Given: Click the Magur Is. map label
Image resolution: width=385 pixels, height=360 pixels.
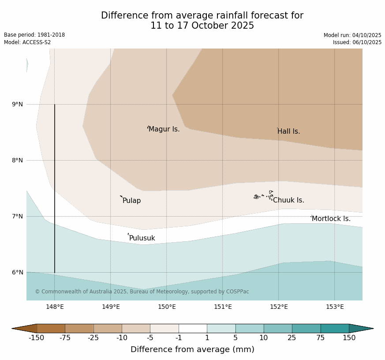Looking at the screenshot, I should tap(164, 129).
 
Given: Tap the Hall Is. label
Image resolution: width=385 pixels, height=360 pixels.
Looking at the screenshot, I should tap(289, 131).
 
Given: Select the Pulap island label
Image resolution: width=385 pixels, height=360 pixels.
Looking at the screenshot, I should tap(131, 201).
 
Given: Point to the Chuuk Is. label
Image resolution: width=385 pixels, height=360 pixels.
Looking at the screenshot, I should tap(288, 200).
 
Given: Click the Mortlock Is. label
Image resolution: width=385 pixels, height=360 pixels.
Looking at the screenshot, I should tap(331, 219).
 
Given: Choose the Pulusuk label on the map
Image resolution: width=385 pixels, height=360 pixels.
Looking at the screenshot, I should tap(142, 238).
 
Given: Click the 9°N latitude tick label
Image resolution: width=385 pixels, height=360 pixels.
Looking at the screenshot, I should tap(18, 105).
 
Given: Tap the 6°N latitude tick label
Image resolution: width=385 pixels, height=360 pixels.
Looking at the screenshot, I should tap(18, 272).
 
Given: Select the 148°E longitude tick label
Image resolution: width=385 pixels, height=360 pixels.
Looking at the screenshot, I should tap(55, 307).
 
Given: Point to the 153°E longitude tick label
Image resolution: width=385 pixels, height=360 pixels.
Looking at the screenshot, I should tap(335, 307).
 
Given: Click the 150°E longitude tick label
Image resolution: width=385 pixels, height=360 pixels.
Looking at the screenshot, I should tap(167, 307).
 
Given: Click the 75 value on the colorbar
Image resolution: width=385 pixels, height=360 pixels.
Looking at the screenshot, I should tap(321, 338).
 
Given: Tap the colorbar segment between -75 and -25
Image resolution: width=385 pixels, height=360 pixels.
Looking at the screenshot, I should tap(79, 328).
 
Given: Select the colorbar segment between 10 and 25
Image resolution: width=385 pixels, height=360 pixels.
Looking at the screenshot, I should tap(278, 328).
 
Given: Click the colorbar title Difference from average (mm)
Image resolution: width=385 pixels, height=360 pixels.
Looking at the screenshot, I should tap(192, 349).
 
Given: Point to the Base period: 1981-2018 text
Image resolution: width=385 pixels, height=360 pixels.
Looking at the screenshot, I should tap(34, 35).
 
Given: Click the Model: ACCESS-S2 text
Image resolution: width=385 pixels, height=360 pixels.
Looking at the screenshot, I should tap(27, 42).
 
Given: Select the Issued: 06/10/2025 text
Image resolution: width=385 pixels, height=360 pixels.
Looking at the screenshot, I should tap(357, 42).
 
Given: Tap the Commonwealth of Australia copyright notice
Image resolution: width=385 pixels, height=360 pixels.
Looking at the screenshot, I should tap(142, 292).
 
